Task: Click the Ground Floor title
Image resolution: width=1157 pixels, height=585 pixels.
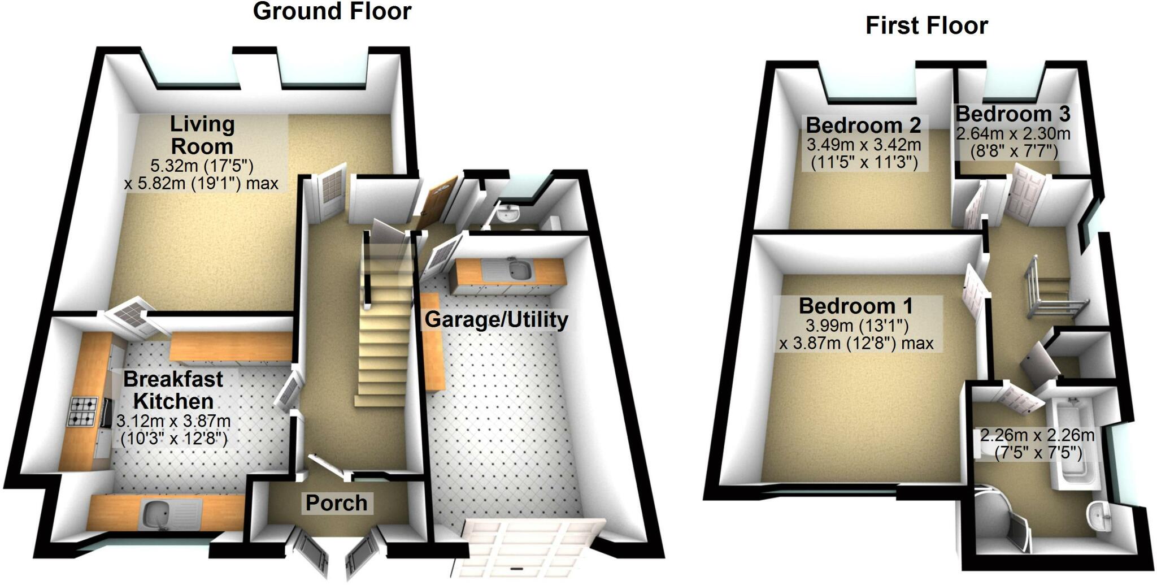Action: pos(332,11)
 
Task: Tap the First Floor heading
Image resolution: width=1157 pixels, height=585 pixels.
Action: pos(927,25)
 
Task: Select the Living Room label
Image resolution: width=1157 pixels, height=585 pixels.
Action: pos(202,135)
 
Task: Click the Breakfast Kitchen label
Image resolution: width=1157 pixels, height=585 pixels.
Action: pos(173,390)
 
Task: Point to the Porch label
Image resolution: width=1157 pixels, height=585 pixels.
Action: pos(337,503)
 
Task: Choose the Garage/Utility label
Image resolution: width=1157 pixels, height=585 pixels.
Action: pos(497,320)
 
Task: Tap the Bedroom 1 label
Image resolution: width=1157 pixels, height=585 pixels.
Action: pos(856,306)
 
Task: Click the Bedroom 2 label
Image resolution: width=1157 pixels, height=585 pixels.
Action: pos(863,125)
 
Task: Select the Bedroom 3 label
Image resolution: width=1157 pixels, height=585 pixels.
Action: pos(1013,114)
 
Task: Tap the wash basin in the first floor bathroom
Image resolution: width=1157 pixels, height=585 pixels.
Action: pos(1098,517)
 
